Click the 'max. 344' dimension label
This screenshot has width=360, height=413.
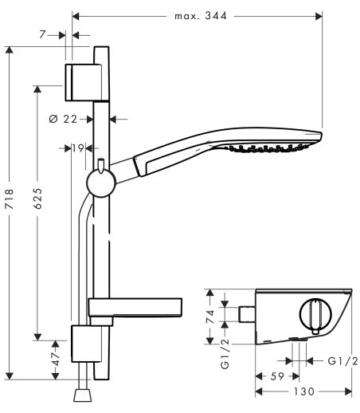click(201, 16)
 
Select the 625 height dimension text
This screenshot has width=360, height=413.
click(37, 199)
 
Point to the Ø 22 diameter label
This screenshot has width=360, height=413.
click(63, 119)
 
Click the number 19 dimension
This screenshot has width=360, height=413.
click(78, 148)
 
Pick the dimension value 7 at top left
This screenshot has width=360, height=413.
click(42, 34)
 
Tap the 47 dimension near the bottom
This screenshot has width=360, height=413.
click(56, 360)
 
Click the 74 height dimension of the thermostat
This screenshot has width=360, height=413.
click(210, 317)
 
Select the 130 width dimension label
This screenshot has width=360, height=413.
click(303, 391)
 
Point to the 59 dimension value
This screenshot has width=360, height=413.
click(277, 376)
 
